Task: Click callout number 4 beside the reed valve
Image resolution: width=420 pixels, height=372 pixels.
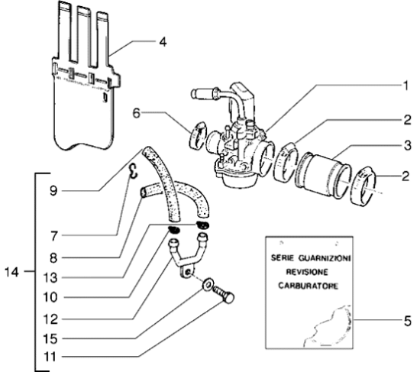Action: (x=163, y=42)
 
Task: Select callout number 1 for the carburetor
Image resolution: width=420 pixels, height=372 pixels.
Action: (x=405, y=86)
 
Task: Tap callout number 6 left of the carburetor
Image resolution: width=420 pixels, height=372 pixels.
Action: (x=137, y=113)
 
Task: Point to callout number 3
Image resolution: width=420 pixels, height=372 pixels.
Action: (x=407, y=146)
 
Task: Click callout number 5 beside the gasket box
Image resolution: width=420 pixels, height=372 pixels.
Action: (x=407, y=321)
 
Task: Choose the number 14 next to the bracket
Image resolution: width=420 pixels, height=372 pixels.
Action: (x=11, y=272)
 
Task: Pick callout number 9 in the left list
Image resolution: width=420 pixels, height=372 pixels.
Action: (x=53, y=191)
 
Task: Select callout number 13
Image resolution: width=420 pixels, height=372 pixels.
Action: (x=50, y=278)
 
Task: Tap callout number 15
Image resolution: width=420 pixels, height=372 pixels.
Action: (x=50, y=338)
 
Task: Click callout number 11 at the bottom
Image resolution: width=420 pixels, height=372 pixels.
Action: (x=50, y=357)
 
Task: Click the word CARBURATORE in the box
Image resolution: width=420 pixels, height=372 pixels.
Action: (x=308, y=286)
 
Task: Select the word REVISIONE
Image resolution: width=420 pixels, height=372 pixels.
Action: (x=307, y=272)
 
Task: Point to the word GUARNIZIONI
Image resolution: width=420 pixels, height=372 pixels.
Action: (x=325, y=258)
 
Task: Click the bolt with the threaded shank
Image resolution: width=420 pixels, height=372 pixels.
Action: (x=224, y=294)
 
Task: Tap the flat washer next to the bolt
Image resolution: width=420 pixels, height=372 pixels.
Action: (x=208, y=284)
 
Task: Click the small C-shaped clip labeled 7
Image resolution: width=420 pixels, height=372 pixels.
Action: (x=133, y=171)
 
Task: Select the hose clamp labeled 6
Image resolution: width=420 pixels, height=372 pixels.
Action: (x=198, y=135)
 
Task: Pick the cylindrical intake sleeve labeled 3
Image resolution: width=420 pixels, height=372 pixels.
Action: (x=323, y=173)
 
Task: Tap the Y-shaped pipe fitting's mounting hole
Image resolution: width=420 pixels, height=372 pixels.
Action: (x=188, y=273)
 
